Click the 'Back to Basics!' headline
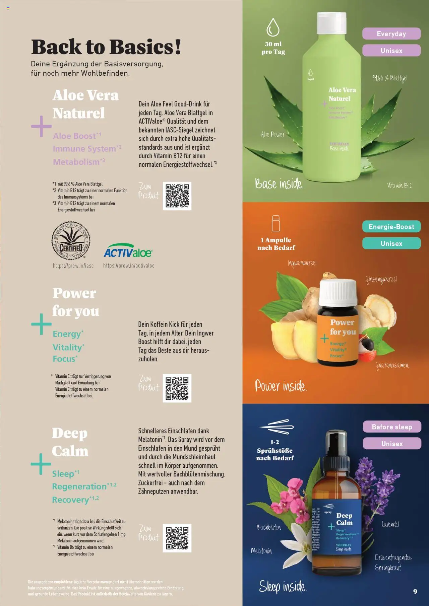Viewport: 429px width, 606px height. [106, 47]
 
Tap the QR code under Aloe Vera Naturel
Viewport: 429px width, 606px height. [177, 196]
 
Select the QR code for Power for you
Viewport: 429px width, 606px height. [177, 388]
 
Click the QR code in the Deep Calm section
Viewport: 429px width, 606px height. [177, 538]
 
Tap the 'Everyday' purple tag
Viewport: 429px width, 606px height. [391, 34]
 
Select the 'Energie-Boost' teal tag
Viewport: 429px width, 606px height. [391, 227]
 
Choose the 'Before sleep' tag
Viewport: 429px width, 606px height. [391, 427]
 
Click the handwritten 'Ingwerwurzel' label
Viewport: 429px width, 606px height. [302, 263]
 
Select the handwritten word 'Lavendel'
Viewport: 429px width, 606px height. [390, 524]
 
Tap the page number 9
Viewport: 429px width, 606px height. [415, 591]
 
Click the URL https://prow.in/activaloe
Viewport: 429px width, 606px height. [129, 266]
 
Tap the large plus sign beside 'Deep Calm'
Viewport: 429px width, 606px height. [41, 464]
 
